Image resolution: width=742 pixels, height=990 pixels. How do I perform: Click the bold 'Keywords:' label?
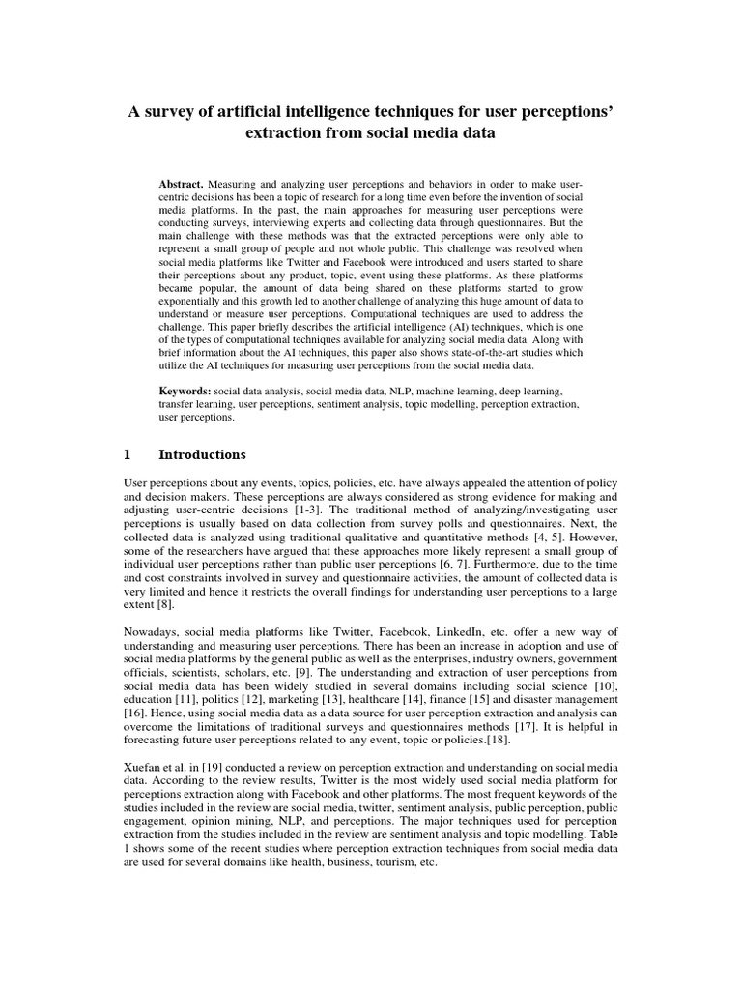pyautogui.click(x=185, y=390)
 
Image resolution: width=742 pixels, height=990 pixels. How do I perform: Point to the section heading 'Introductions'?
pyautogui.click(x=202, y=454)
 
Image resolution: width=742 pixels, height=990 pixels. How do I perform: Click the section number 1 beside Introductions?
pyautogui.click(x=128, y=454)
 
